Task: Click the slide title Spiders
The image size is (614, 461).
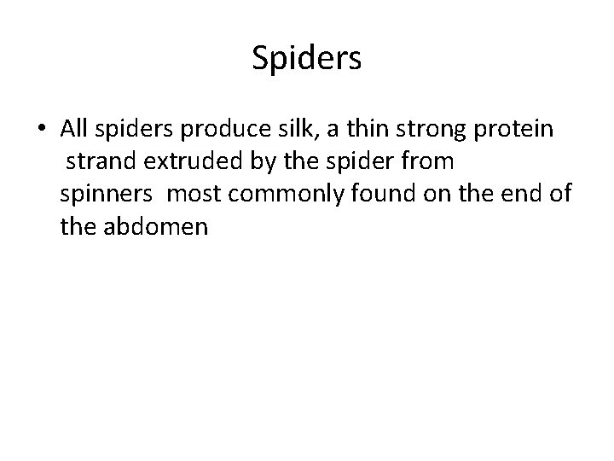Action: (307, 59)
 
